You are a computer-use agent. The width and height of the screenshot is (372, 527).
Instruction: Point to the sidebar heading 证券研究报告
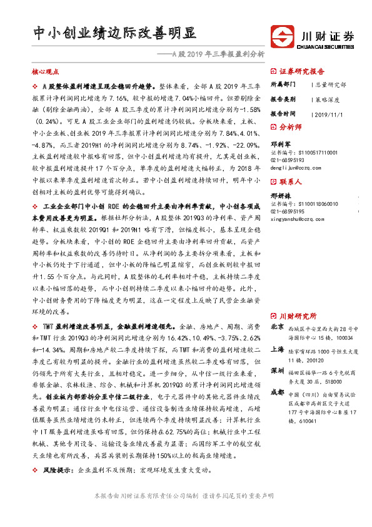(x=301, y=71)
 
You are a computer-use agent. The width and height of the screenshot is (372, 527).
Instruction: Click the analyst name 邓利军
(x=281, y=143)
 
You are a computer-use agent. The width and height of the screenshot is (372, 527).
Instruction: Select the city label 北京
(x=278, y=327)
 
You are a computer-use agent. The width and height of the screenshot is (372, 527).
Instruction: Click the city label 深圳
(x=278, y=371)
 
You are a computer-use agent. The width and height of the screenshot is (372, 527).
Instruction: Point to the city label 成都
(x=278, y=392)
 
